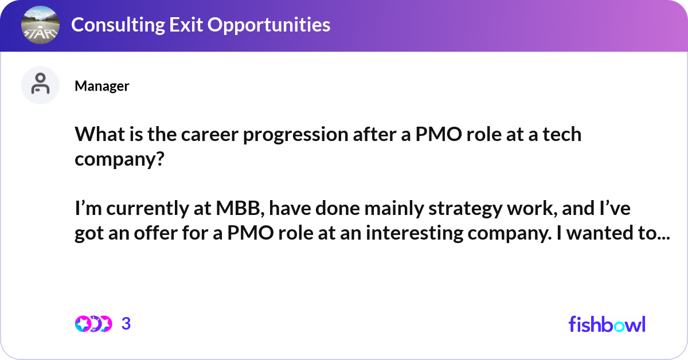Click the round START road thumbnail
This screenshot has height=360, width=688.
pyautogui.click(x=40, y=25)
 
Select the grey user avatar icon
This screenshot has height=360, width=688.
pyautogui.click(x=40, y=85)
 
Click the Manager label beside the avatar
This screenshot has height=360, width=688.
pyautogui.click(x=101, y=86)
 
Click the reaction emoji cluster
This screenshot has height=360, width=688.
pyautogui.click(x=93, y=324)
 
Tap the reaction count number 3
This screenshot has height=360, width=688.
pyautogui.click(x=126, y=324)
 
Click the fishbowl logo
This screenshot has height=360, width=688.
pyautogui.click(x=607, y=324)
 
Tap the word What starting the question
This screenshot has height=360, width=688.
pyautogui.click(x=96, y=135)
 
